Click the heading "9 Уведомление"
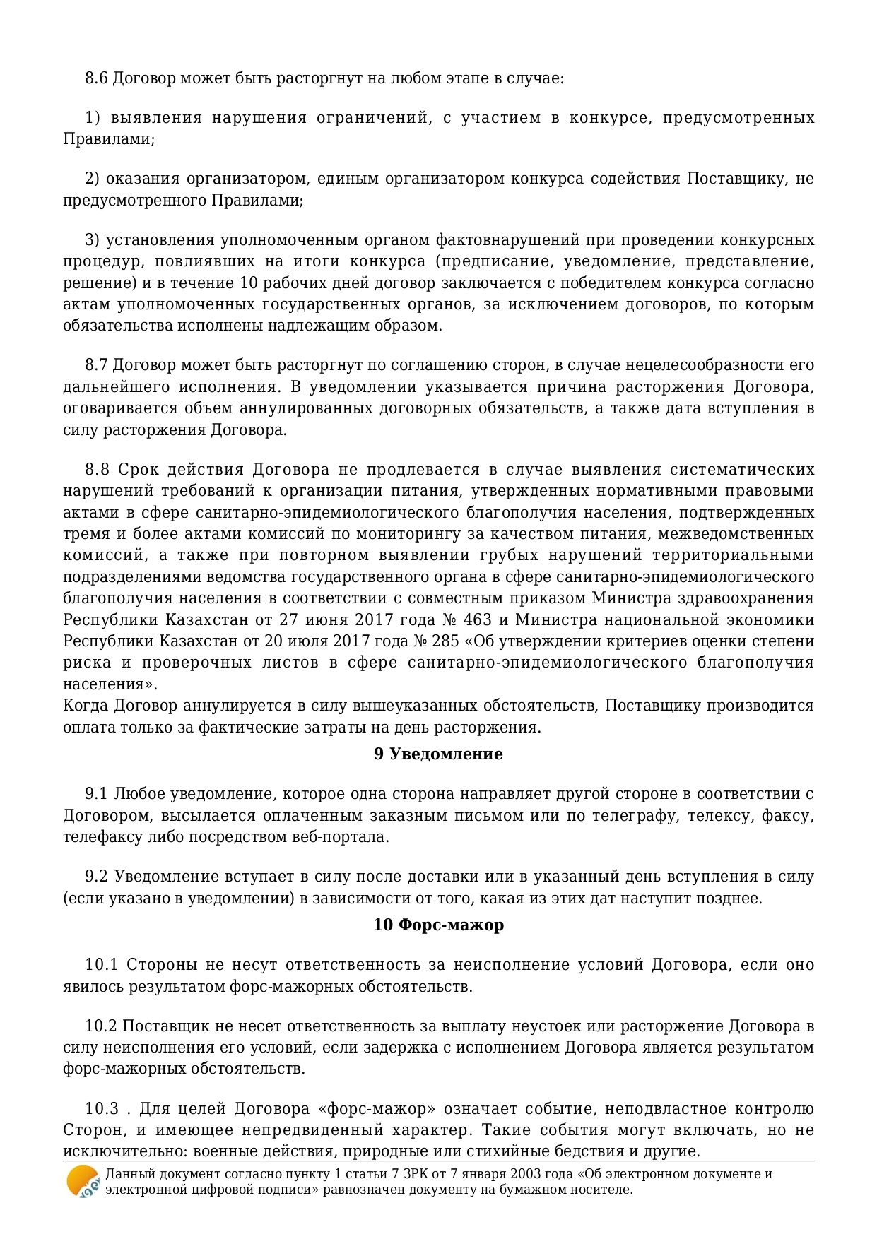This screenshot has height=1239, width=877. [438, 754]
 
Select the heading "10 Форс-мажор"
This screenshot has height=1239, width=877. [438, 925]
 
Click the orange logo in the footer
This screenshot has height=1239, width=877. [83, 1181]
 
